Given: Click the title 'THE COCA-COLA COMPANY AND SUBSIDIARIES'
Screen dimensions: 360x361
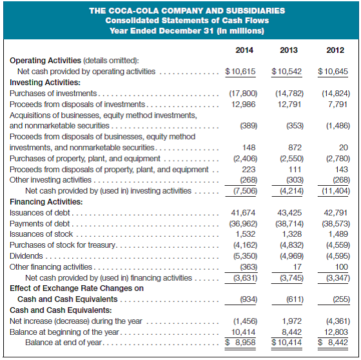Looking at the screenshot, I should coord(179,11).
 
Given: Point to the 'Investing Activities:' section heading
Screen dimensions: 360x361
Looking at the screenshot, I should coord(45,83).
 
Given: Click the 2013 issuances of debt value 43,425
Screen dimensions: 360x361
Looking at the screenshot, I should coord(289,212).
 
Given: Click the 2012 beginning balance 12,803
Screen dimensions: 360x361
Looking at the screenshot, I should coord(336,332).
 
